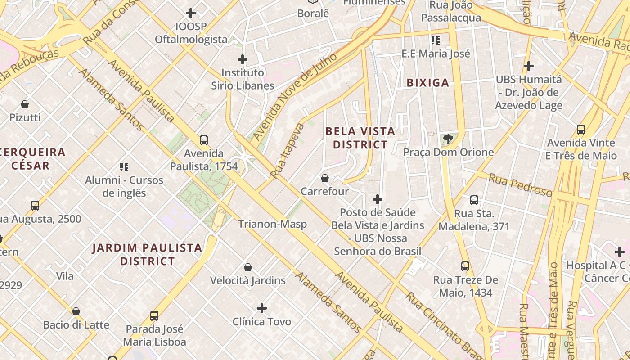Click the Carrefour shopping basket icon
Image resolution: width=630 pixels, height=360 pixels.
point(325,178)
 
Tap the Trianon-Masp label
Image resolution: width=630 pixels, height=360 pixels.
point(272,224)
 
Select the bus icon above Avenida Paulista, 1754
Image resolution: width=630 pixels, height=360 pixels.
point(204,140)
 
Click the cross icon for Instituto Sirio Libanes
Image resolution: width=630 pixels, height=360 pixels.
point(243,59)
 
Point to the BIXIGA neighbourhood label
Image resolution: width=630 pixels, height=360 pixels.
point(428,83)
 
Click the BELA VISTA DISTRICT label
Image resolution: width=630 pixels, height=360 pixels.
point(360,138)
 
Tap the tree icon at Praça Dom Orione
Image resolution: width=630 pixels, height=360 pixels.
point(448,139)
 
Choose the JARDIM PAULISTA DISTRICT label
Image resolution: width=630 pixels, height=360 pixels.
point(147,254)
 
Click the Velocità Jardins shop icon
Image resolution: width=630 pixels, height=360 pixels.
point(247,267)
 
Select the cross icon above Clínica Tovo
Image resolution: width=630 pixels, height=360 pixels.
point(262,308)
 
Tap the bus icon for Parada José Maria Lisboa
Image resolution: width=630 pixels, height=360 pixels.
point(154,316)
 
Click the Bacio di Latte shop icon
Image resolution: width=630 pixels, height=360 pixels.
point(76,311)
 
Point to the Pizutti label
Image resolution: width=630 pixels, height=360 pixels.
point(25,117)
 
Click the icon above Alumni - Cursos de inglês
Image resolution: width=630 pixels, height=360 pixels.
point(124,167)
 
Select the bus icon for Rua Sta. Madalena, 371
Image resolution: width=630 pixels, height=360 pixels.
point(474,200)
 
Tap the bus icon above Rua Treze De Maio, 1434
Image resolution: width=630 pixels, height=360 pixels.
point(465,266)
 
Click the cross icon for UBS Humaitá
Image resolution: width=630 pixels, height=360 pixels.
point(529,67)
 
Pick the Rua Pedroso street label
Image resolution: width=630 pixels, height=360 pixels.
point(521,185)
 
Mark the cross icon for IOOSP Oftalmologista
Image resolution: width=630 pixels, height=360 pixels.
point(191,13)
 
